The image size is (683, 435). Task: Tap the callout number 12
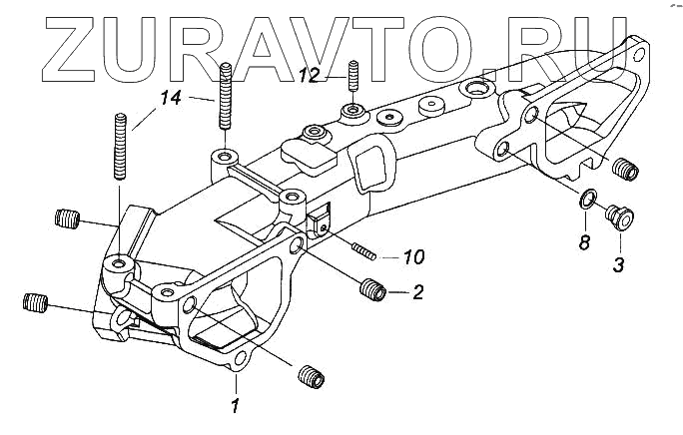311,75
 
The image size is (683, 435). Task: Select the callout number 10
412,257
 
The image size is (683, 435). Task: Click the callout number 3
619,265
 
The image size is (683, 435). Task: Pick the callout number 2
418,292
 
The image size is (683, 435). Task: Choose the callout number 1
236,405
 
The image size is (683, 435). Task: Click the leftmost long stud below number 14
122,147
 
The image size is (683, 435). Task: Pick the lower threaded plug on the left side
36,301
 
